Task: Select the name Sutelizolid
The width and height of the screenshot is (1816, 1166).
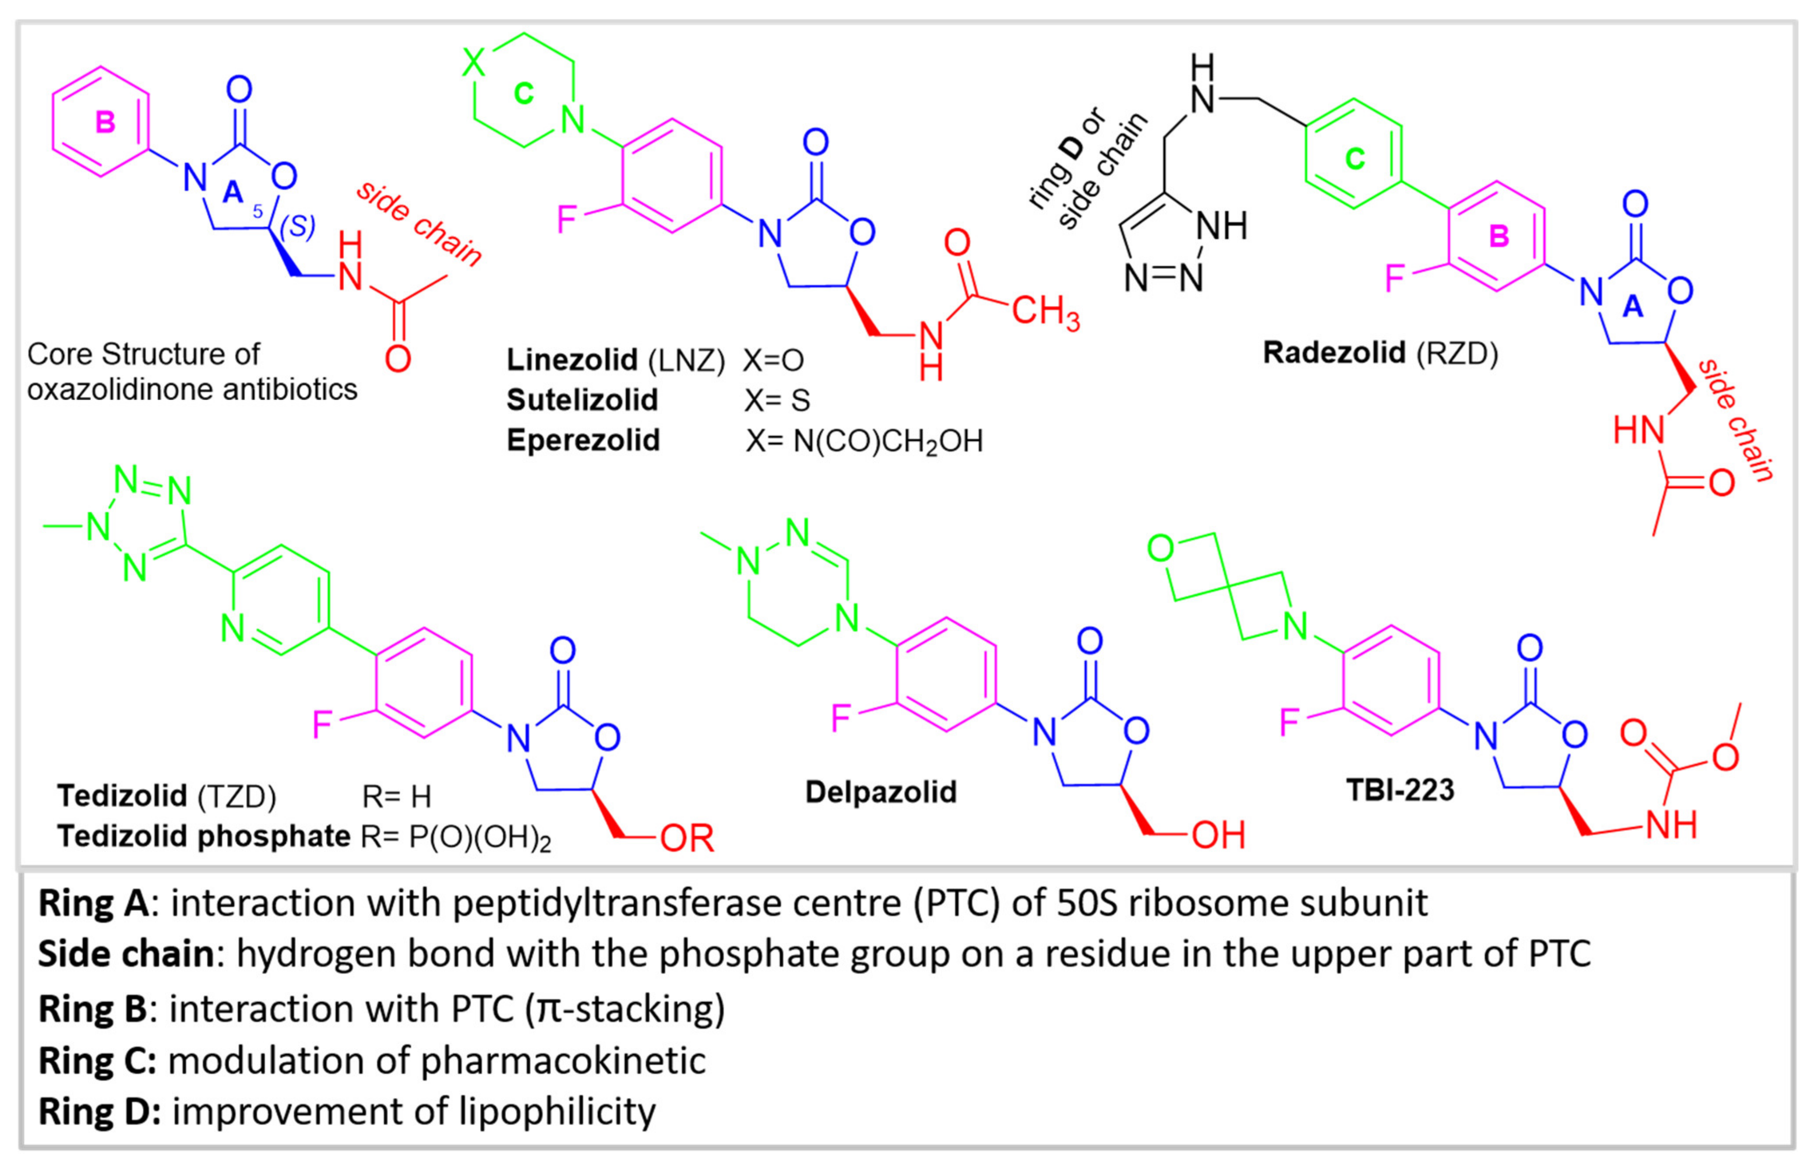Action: [x=582, y=400]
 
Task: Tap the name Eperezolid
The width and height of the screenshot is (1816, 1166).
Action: [x=583, y=440]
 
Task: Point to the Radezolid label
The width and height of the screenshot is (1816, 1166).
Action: [x=1334, y=353]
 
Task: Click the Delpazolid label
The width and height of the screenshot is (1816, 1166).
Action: [x=880, y=792]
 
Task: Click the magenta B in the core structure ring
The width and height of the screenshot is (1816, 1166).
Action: [x=105, y=122]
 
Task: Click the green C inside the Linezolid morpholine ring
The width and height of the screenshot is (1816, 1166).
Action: [x=523, y=94]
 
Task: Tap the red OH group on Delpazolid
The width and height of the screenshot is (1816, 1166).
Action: [x=1218, y=835]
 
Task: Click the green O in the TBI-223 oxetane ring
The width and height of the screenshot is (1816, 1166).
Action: [x=1160, y=548]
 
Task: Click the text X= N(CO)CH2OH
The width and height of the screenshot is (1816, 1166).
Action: [x=864, y=441]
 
